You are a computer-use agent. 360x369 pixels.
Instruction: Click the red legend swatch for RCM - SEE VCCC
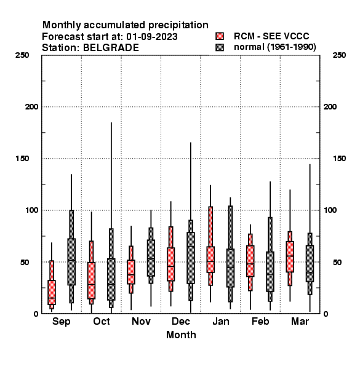coord(220,36)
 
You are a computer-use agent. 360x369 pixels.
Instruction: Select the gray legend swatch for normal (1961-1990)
coord(220,47)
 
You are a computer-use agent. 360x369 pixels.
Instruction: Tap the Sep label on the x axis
coord(61,322)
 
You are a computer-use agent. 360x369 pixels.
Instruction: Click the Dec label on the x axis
coord(181,321)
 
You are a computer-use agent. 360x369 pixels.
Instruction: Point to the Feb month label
coord(260,321)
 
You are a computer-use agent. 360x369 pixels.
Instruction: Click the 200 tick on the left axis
coord(31,107)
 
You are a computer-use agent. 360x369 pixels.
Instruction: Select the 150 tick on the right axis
coord(339,159)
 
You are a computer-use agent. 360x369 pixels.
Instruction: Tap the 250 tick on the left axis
coord(22,55)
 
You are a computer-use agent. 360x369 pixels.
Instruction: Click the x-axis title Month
coord(181,335)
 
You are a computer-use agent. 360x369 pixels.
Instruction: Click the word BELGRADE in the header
coord(111,48)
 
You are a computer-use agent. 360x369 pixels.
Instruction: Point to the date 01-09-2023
coord(152,37)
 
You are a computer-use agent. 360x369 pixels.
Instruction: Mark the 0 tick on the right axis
coord(326,314)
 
